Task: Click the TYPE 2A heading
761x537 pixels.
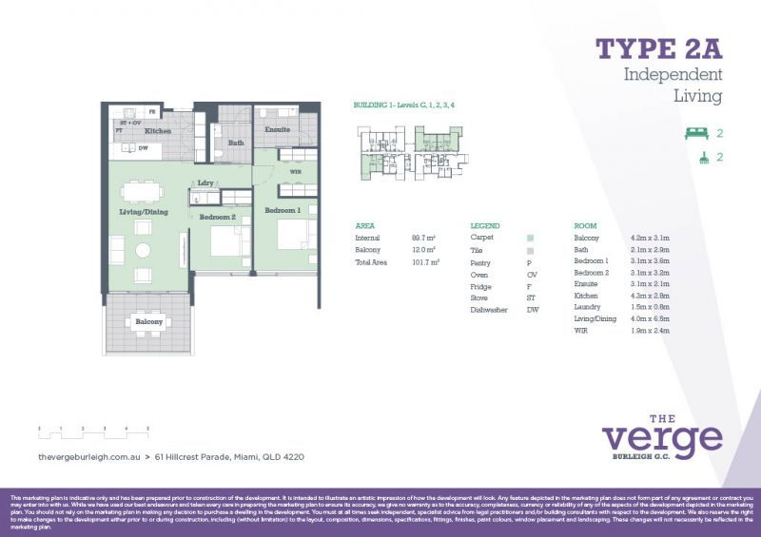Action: point(658,48)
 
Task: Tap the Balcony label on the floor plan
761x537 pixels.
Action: point(147,322)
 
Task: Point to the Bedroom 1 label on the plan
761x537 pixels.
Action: point(283,209)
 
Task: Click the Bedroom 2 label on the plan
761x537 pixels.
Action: point(218,217)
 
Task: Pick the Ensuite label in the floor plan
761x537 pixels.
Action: point(277,128)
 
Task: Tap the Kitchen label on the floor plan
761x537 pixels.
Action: point(158,131)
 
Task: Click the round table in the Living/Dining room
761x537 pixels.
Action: point(143,252)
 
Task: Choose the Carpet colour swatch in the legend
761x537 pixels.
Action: point(530,238)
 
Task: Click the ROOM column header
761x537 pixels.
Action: point(585,225)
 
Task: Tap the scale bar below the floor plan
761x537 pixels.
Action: point(95,434)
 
